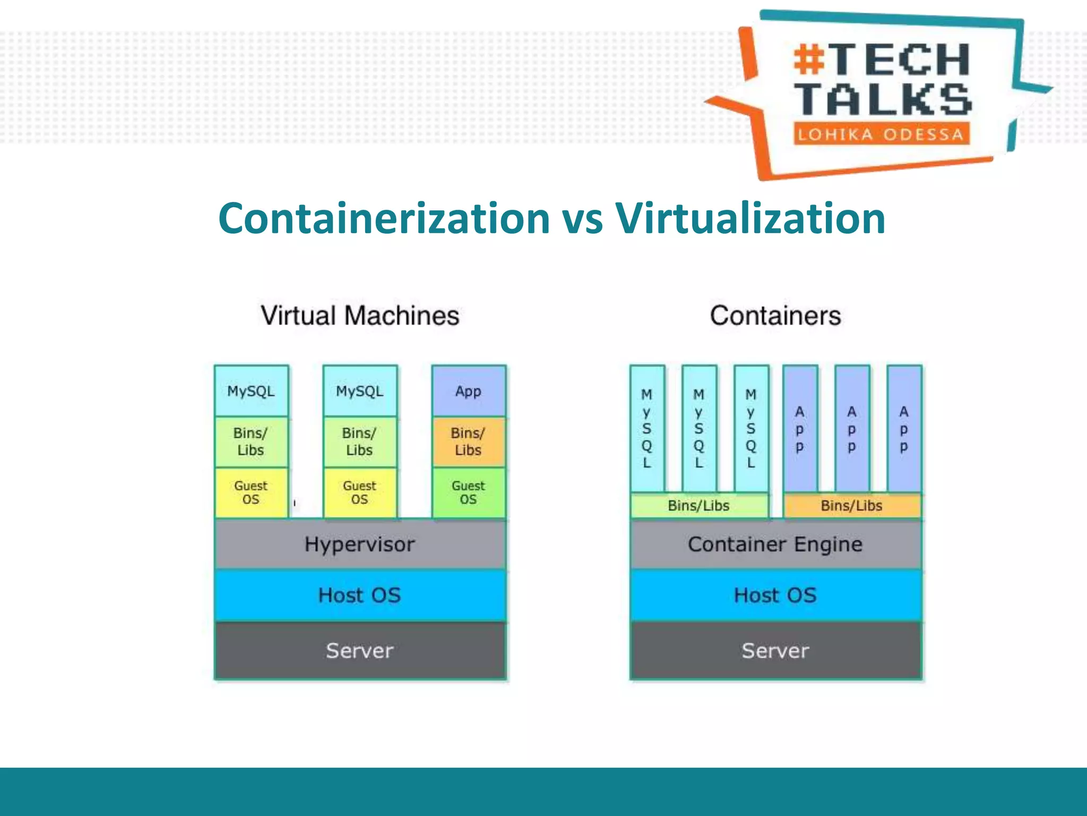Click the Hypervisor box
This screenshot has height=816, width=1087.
(x=360, y=545)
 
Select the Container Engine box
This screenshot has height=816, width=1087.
(x=775, y=545)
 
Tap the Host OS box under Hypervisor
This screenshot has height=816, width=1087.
(x=360, y=595)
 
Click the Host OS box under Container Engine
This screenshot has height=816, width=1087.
(x=775, y=595)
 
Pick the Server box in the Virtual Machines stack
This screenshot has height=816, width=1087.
(x=360, y=651)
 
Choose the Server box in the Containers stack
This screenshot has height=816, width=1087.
(x=775, y=651)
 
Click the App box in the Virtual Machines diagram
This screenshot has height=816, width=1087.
(x=468, y=392)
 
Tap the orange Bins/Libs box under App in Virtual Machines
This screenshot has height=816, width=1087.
(x=468, y=441)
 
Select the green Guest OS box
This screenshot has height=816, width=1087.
(x=468, y=492)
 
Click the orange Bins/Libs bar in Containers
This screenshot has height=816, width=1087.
(x=851, y=506)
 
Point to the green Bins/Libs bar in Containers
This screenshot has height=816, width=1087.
(x=698, y=506)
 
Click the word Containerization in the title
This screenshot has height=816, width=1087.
(x=384, y=218)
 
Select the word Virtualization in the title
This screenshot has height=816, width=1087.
(x=750, y=218)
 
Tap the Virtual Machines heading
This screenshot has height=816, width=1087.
(x=360, y=316)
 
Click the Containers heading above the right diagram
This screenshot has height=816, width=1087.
(x=775, y=316)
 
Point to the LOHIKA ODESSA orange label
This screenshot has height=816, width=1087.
(x=881, y=134)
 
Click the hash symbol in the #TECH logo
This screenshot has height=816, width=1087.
(x=809, y=59)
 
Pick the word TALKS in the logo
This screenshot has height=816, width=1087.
(x=884, y=99)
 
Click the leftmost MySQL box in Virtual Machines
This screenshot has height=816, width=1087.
(x=251, y=392)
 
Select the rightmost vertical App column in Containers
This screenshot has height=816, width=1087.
(x=903, y=428)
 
